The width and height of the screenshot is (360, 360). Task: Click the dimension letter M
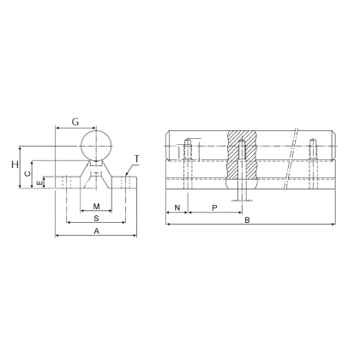(97, 207)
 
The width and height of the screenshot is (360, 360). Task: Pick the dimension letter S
(95, 219)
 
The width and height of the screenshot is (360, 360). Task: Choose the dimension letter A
(95, 233)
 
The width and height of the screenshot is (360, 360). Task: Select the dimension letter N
(177, 207)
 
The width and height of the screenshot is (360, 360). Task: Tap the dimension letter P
(214, 207)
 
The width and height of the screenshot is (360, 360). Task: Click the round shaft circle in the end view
(97, 144)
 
